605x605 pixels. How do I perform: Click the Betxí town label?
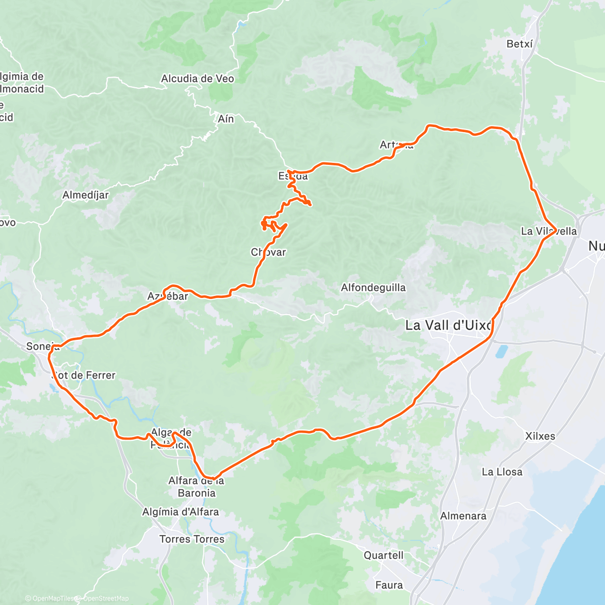tap(519, 44)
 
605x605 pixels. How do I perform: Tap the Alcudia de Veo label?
tap(198, 79)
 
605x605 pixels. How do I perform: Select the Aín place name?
tap(226, 119)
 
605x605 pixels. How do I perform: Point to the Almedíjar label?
tap(86, 195)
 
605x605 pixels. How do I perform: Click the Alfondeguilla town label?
tap(373, 288)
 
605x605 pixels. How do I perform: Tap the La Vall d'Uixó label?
tap(449, 326)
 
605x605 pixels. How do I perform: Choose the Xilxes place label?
tap(540, 436)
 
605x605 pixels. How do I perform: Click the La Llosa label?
tap(502, 472)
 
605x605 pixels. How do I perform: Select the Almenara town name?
tap(463, 516)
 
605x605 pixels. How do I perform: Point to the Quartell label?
tap(384, 555)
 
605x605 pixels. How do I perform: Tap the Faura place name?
tap(389, 585)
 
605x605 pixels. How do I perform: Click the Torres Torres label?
tap(192, 539)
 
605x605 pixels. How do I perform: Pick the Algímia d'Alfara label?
tap(180, 512)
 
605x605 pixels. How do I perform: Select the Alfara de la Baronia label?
tap(196, 487)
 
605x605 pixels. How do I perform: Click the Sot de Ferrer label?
tap(84, 375)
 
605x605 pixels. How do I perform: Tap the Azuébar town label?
tap(168, 296)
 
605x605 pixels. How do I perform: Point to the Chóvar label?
tap(268, 252)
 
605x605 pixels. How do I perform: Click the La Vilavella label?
tap(549, 231)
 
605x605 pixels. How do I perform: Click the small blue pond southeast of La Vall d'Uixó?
tap(502, 351)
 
